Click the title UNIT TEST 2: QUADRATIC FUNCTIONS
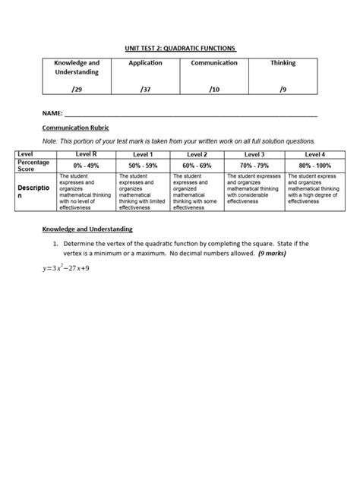(180, 49)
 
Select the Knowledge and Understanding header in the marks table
(71, 67)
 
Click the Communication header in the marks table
(213, 62)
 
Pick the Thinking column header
(283, 62)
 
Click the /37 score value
(146, 89)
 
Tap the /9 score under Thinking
(283, 89)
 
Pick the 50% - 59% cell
(144, 164)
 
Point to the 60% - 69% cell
(197, 164)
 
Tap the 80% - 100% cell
(314, 164)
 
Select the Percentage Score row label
(33, 164)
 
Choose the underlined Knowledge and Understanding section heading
(87, 229)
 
